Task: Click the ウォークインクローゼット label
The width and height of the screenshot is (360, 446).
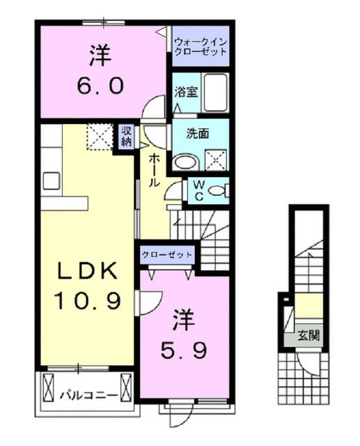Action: click(x=201, y=46)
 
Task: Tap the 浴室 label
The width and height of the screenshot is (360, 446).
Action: click(x=184, y=91)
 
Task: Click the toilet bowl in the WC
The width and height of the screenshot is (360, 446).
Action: click(x=219, y=190)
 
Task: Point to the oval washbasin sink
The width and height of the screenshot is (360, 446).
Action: click(x=185, y=162)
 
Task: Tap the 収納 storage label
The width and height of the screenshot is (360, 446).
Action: click(x=127, y=136)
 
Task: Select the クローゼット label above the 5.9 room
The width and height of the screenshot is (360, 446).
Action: click(x=167, y=255)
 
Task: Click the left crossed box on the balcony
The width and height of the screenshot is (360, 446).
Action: click(x=49, y=387)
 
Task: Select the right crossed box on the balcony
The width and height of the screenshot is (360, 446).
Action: click(x=125, y=387)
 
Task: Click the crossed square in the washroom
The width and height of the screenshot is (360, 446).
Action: click(x=216, y=159)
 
